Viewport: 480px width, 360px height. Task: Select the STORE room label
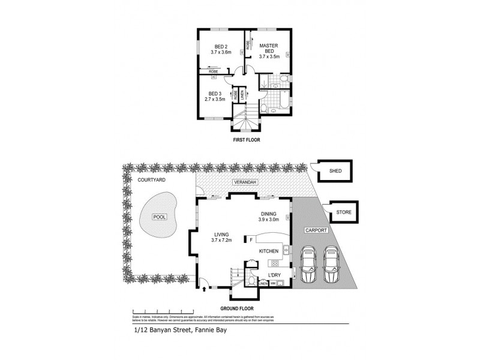[343, 211]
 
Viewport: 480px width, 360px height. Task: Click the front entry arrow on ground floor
[206, 289]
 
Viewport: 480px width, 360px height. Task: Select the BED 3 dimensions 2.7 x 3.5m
[215, 99]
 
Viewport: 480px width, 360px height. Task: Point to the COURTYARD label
[151, 180]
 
